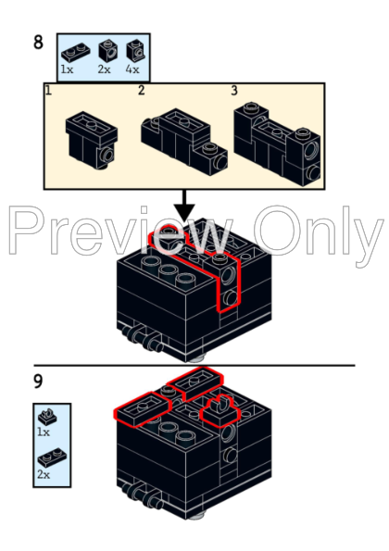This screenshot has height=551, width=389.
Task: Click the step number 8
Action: point(38,42)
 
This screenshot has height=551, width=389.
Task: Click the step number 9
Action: point(38,382)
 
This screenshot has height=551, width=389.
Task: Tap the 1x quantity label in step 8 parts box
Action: point(67,69)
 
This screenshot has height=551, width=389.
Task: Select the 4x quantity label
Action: point(132,69)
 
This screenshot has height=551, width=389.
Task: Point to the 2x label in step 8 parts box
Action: point(104,69)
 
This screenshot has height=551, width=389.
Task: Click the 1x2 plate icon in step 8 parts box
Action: point(76,52)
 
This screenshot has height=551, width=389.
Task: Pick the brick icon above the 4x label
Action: point(136,51)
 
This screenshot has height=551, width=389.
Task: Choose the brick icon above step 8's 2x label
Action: point(107,51)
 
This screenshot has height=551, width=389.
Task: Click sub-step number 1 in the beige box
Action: point(48,91)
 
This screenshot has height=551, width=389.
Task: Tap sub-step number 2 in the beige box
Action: point(142,91)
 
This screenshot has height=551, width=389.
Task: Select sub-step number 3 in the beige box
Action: point(234,91)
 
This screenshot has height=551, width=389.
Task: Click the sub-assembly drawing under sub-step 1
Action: point(92,140)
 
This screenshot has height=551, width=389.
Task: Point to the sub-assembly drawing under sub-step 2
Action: point(184,142)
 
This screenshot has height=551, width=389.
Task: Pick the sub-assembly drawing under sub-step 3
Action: point(277,144)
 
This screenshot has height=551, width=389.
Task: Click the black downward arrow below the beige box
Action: point(183,207)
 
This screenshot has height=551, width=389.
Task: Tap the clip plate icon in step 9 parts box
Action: point(47,417)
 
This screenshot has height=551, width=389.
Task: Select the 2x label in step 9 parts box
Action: point(44,475)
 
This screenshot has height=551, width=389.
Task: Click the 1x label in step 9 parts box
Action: point(44,432)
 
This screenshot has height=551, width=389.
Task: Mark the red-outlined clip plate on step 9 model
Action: point(220,411)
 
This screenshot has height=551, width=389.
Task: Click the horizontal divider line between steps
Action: point(194,366)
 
